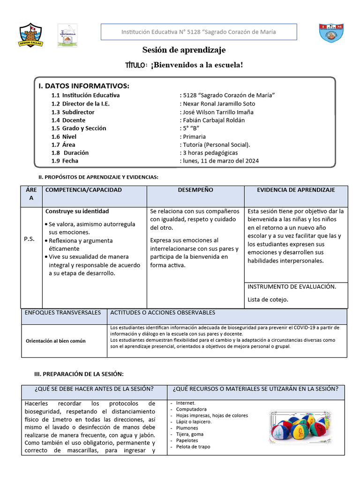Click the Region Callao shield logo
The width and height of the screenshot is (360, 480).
coord(30,35)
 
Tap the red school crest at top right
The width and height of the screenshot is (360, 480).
coord(331,35)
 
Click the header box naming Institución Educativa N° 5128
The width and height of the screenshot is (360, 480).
coord(199,32)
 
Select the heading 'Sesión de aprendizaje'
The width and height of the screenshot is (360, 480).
coord(184,50)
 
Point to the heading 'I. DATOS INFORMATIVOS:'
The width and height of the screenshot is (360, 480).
coord(84,86)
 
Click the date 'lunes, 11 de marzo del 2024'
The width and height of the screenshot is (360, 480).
coord(220,161)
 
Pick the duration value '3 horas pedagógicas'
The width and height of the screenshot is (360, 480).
coord(210,153)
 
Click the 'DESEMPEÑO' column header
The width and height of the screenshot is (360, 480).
coord(195,190)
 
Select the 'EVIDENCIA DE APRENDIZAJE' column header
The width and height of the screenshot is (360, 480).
coord(296,190)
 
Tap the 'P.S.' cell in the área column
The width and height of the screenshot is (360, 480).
coord(29,239)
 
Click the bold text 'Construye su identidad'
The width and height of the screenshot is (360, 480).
coord(77,211)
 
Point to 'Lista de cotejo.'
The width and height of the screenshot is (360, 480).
coord(268,299)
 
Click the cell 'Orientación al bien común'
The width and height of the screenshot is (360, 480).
coord(56,341)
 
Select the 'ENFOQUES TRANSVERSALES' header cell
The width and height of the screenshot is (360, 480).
coord(63,312)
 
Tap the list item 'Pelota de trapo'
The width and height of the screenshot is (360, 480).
coord(193,447)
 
